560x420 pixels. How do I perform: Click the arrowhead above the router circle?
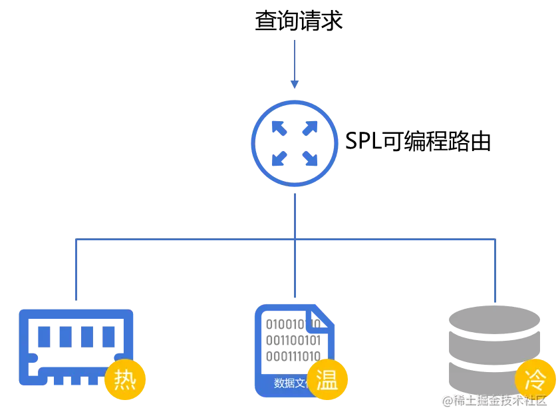point(295,84)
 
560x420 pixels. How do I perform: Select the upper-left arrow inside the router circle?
point(279,127)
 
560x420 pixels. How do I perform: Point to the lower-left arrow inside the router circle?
point(279,158)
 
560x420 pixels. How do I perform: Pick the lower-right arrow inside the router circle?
point(310,158)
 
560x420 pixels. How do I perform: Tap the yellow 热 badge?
point(125,380)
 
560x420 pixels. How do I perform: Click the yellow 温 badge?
point(327,380)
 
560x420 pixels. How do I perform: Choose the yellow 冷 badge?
point(535,380)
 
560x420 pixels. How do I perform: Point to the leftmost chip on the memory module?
point(45,336)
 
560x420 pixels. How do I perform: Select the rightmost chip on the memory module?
point(108,336)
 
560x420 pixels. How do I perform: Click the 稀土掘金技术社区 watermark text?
point(491,399)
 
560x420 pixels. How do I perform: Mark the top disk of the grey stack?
point(494,316)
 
